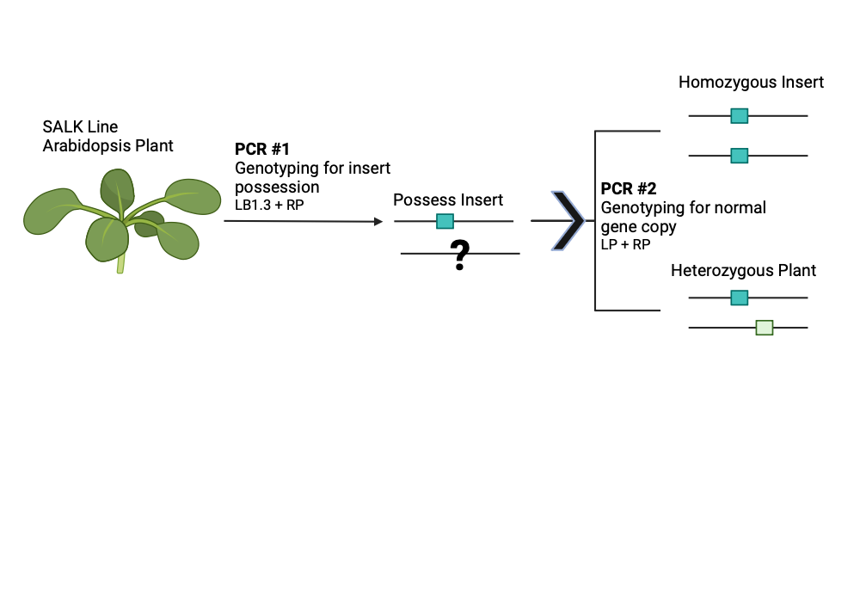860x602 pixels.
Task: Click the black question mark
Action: point(461,255)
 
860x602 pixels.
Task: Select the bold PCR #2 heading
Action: point(628,188)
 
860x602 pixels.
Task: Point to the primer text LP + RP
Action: point(625,244)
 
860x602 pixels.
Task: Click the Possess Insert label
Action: point(448,200)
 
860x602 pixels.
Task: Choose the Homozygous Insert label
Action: point(751,83)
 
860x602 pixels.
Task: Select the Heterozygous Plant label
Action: point(743,270)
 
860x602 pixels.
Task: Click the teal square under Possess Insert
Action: point(445,221)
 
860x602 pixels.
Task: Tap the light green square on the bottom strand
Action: point(764,327)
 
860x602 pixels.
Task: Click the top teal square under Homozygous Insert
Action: point(739,115)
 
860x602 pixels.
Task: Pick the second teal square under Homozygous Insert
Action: point(739,156)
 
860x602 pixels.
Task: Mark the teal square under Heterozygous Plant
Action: point(739,298)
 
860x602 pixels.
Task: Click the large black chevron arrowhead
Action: point(567,221)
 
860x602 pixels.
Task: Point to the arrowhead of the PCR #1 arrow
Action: point(378,222)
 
